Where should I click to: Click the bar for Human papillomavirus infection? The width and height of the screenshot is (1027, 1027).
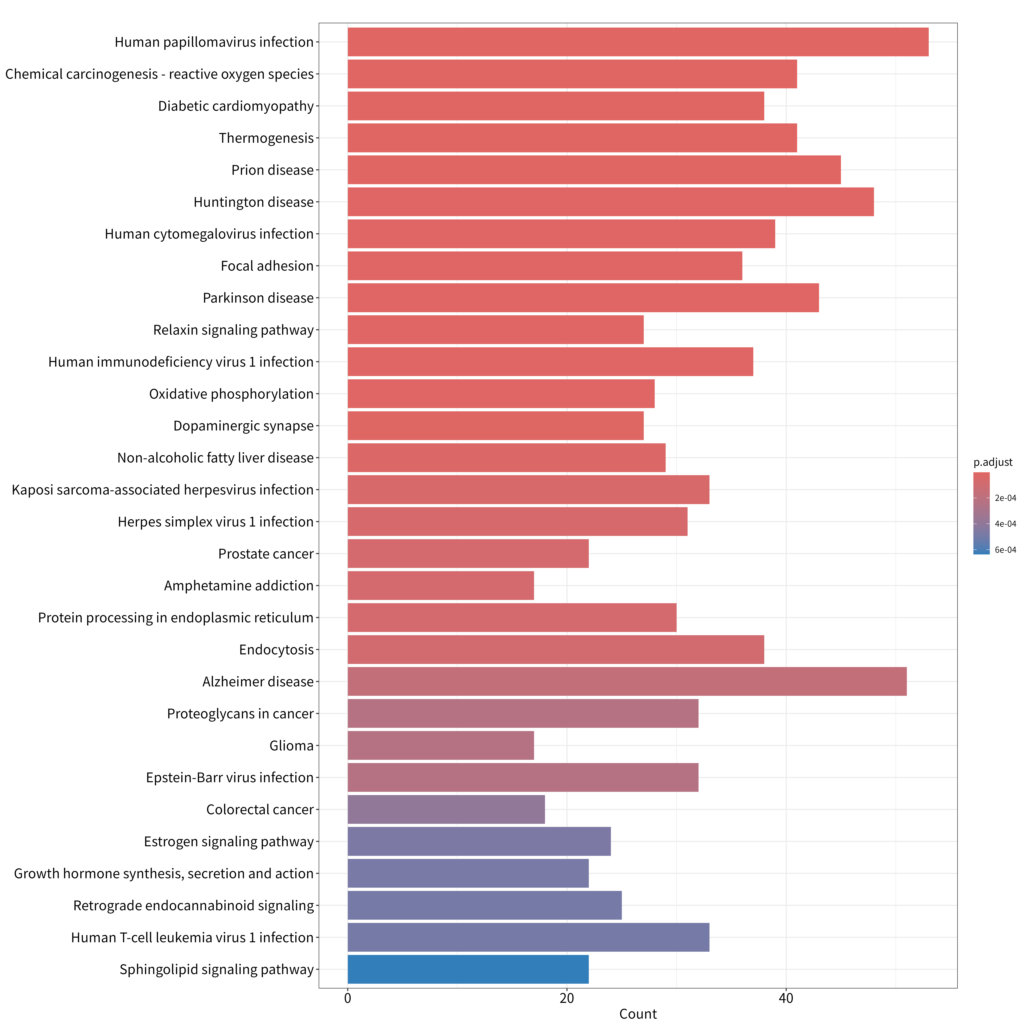(x=638, y=42)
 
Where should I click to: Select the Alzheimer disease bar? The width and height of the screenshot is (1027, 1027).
(x=627, y=681)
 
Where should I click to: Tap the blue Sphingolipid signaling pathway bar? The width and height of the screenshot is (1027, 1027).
(x=468, y=969)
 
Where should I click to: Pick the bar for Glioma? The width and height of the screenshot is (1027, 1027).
(x=441, y=745)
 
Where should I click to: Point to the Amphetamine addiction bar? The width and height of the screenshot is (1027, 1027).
(x=441, y=585)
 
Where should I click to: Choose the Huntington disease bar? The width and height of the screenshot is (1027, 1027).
(x=611, y=202)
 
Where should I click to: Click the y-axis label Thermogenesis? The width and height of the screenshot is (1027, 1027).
(x=266, y=138)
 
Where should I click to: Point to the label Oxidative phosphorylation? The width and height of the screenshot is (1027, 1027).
(x=231, y=394)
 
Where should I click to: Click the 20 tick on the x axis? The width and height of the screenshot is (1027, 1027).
(x=567, y=998)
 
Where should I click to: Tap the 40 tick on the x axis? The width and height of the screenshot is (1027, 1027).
(x=786, y=998)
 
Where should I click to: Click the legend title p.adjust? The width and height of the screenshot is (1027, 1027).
(x=993, y=462)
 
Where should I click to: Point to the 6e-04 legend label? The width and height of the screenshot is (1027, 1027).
(x=1005, y=550)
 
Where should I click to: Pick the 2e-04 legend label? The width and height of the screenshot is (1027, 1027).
(x=1005, y=498)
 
